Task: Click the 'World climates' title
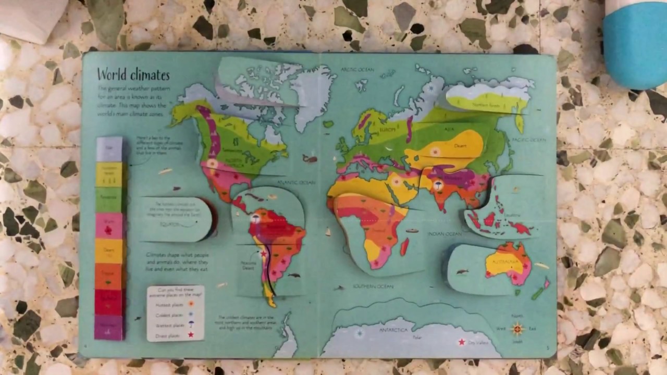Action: coord(133,74)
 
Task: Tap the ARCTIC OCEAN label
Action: coord(357,69)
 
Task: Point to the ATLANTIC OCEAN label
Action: coord(297,182)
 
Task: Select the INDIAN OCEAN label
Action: coord(444,234)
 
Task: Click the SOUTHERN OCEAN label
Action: coord(373,286)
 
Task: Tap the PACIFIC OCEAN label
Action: coord(528,140)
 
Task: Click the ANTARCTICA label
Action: coord(393,330)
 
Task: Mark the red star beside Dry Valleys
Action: coord(461,342)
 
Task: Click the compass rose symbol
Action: coord(517,329)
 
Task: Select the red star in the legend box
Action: coord(191,335)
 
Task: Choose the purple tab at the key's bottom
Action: coord(108,327)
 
